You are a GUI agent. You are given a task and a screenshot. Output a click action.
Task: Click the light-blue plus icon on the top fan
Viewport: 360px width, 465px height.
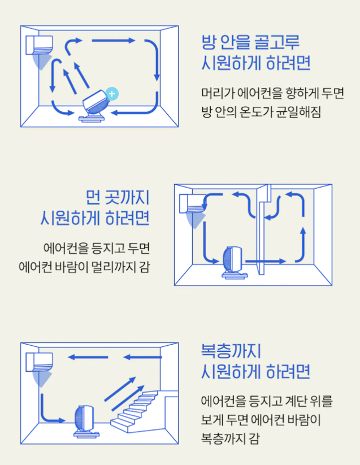click(112, 93)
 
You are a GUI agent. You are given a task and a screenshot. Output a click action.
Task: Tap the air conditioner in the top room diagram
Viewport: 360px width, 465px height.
click(39, 45)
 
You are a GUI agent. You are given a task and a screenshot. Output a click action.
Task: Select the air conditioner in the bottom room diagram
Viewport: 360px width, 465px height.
click(39, 362)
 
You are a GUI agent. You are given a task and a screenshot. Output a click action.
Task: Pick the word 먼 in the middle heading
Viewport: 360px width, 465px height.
click(94, 197)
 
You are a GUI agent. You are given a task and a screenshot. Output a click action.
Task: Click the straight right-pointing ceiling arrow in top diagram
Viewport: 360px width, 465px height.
click(114, 41)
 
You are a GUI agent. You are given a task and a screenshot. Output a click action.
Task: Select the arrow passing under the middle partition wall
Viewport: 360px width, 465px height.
click(266, 262)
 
